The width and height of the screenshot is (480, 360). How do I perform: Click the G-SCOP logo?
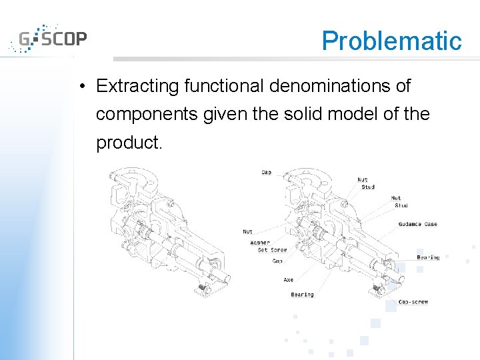pos(48,39)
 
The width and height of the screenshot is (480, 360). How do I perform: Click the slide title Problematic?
pos(391,41)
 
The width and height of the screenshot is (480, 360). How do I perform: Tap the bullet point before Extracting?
pos(80,87)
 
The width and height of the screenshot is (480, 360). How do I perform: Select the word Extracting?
pos(137,86)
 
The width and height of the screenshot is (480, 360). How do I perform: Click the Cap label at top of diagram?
pos(266,173)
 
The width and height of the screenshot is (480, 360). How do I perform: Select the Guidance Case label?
pos(417,224)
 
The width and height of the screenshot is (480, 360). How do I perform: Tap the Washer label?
pos(260,243)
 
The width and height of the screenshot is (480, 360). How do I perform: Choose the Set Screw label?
pos(272,250)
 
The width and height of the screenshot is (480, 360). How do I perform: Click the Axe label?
pos(288,280)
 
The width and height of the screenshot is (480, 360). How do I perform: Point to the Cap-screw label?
pos(413,302)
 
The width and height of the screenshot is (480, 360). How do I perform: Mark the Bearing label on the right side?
pos(428,257)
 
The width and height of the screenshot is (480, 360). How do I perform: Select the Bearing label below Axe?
pos(302,294)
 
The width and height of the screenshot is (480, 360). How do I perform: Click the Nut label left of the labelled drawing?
pos(247,231)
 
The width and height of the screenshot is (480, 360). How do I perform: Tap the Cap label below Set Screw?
pos(277,261)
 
